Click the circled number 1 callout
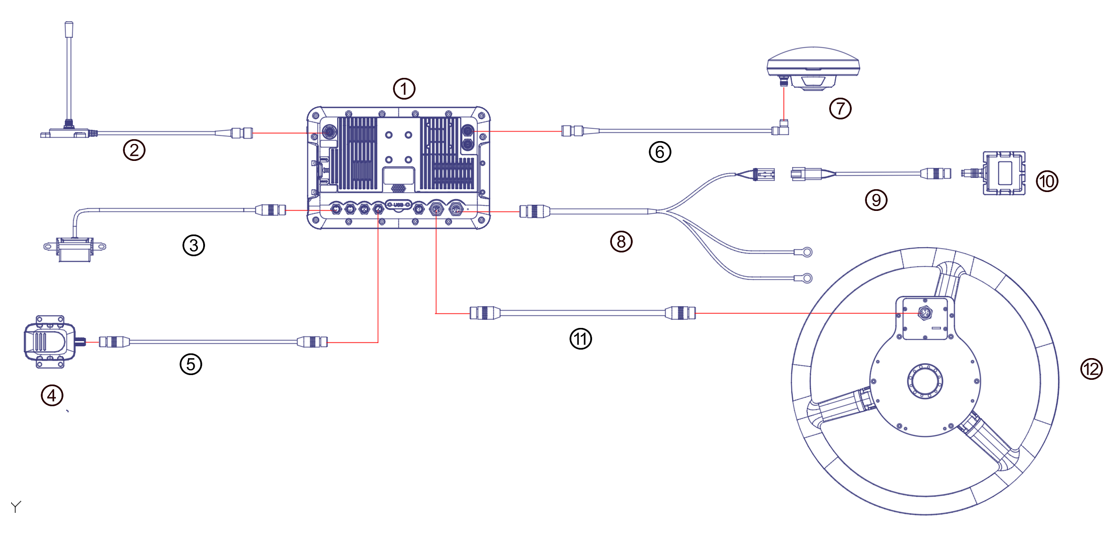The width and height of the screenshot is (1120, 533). (404, 89)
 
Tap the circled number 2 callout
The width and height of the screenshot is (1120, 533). (134, 150)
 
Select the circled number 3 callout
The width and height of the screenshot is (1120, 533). (194, 246)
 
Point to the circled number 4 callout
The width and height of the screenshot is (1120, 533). (51, 394)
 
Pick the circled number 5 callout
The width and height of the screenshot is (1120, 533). (191, 364)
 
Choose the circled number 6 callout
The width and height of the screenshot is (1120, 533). (659, 151)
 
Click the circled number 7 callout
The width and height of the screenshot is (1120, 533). (840, 109)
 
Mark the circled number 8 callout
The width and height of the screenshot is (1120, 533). (621, 242)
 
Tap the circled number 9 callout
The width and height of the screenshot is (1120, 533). (876, 200)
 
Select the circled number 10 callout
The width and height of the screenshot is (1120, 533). (1046, 181)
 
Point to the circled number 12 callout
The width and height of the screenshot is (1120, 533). (1091, 369)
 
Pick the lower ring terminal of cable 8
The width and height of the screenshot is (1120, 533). (806, 278)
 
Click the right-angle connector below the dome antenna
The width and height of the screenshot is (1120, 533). (781, 129)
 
